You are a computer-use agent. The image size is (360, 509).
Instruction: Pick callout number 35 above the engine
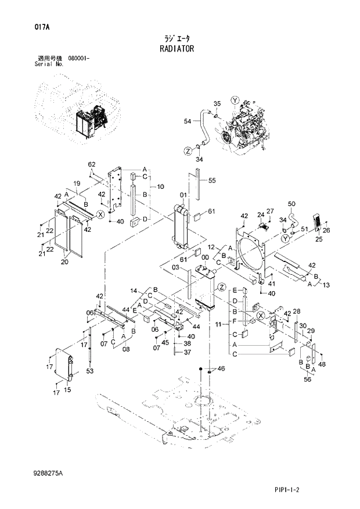pos(217,103)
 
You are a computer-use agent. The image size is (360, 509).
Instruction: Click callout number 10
pos(160,187)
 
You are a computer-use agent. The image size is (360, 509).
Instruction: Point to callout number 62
pos(91,164)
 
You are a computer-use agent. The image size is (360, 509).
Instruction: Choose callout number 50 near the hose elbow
pos(291,203)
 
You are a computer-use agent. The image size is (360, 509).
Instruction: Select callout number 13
pos(325,285)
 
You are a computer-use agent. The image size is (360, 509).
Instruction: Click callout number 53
pos(89,371)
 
